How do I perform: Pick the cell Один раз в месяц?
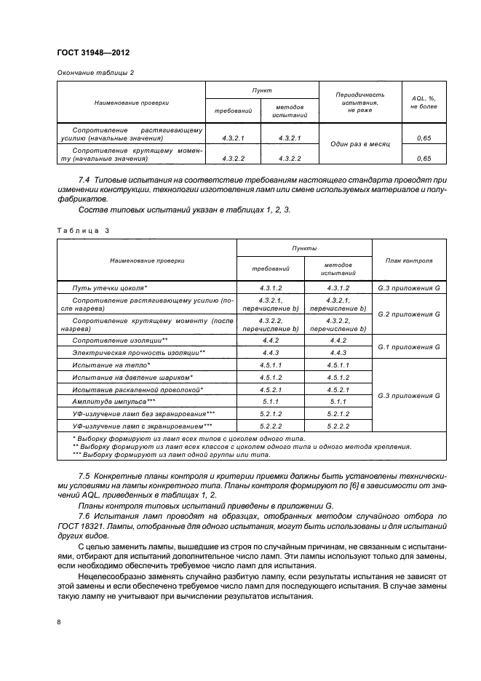357,144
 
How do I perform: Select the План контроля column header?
408,260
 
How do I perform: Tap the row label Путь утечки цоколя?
110,288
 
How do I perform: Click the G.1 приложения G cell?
408,346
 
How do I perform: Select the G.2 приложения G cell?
408,314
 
